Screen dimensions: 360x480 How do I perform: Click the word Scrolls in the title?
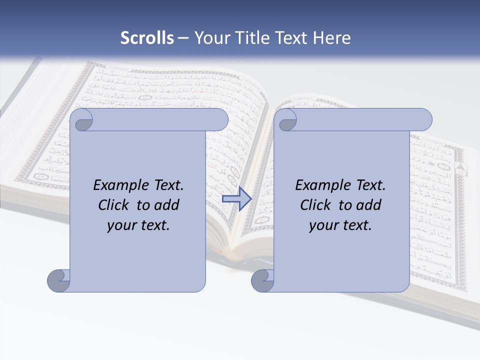(x=147, y=38)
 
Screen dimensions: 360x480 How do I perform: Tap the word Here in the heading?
(x=331, y=38)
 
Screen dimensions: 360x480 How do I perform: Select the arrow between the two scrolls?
(x=236, y=199)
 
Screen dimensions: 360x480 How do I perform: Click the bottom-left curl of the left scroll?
(x=58, y=280)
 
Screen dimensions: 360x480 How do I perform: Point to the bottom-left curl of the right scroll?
(x=262, y=280)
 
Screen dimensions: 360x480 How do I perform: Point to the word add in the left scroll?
(x=167, y=205)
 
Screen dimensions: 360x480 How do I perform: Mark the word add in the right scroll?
(x=369, y=205)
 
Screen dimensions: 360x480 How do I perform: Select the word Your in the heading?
(x=210, y=38)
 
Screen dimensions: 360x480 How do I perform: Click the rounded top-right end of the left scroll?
(x=219, y=120)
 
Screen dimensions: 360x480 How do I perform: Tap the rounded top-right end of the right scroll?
(x=423, y=120)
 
